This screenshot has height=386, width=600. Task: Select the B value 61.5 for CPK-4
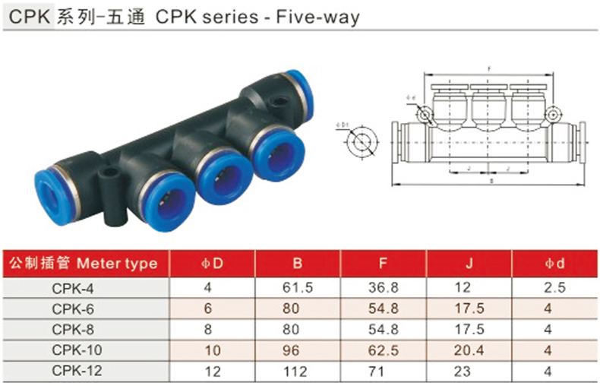click(297, 289)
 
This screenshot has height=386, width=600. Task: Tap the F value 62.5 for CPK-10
click(384, 351)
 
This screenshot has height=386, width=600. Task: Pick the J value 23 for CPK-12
click(470, 372)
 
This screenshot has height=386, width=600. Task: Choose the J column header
click(470, 264)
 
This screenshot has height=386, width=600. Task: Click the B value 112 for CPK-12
click(297, 372)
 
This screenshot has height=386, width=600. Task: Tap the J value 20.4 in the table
click(470, 351)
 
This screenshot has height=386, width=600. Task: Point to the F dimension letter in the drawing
click(490, 69)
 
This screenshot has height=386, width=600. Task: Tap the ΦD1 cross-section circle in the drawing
click(359, 142)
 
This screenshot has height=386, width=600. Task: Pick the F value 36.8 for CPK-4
click(384, 289)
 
